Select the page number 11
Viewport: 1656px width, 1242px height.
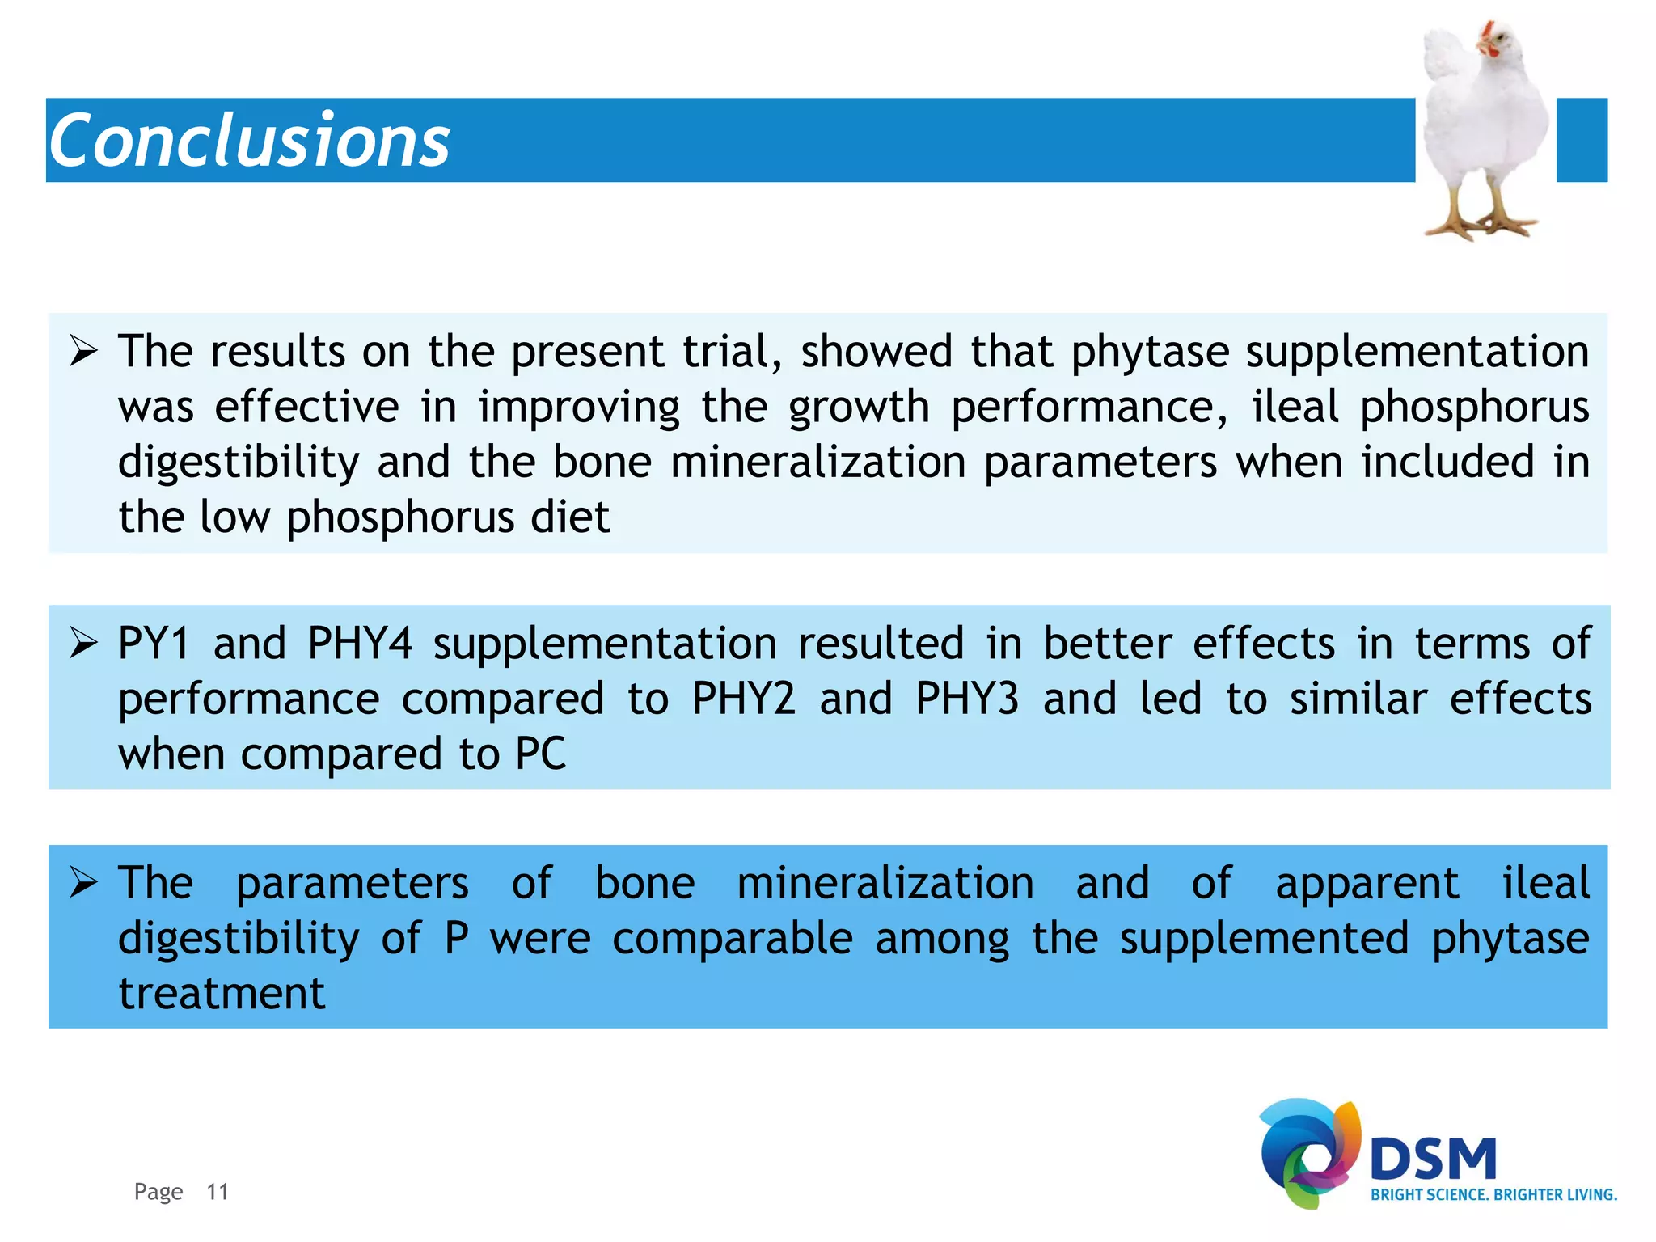[218, 1192]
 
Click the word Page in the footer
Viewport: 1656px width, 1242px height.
[158, 1192]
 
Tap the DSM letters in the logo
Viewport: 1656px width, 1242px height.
[1433, 1160]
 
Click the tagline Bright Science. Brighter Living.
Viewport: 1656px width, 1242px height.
[1493, 1195]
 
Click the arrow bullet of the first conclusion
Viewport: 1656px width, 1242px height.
[83, 352]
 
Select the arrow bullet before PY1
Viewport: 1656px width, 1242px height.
[83, 644]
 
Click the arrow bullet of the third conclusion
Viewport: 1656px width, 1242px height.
[83, 882]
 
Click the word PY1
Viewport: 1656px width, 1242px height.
[154, 644]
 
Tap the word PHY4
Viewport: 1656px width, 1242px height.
[360, 644]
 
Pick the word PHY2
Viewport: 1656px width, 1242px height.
[744, 699]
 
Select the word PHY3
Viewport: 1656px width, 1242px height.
[967, 699]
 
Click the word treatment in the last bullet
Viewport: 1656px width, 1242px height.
[222, 993]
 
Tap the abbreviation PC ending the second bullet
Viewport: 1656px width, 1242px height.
[540, 754]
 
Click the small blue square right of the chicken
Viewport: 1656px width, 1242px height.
[1581, 140]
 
